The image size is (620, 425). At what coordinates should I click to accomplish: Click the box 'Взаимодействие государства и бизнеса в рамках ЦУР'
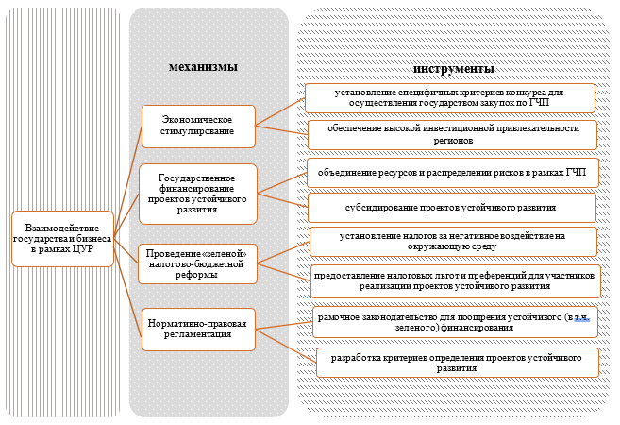pyautogui.click(x=61, y=234)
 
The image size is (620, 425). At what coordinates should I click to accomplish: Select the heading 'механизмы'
pyautogui.click(x=202, y=67)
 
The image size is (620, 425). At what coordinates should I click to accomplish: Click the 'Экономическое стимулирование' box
pyautogui.click(x=198, y=126)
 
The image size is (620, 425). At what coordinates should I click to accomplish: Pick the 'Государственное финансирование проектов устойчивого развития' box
pyautogui.click(x=198, y=194)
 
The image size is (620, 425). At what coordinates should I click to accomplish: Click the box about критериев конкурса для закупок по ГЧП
pyautogui.click(x=448, y=98)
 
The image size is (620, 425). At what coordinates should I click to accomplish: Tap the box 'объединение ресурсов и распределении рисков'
pyautogui.click(x=451, y=173)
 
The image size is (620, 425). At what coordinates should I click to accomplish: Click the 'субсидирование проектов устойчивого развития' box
pyautogui.click(x=451, y=206)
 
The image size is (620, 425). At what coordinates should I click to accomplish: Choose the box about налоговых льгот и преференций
pyautogui.click(x=453, y=279)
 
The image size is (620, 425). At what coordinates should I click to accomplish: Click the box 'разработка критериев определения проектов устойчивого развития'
pyautogui.click(x=457, y=362)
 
